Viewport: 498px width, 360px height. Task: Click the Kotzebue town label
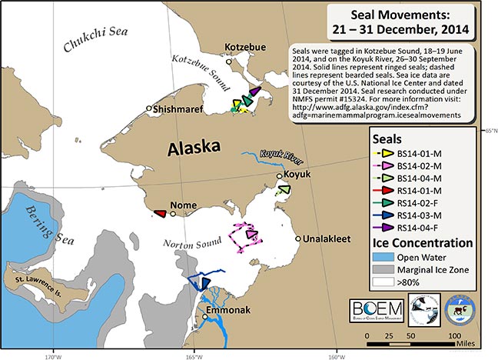click(244, 47)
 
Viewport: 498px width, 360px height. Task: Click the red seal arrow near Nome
click(160, 214)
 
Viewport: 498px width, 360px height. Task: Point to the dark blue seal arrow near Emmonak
click(201, 282)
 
